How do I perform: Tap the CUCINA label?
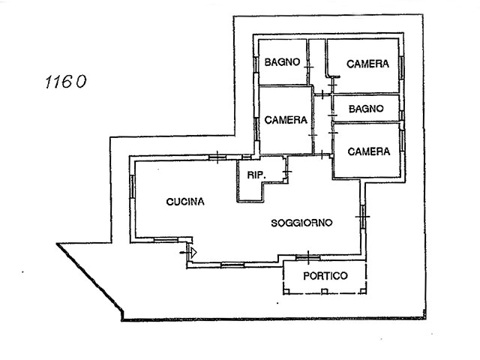(x=185, y=201)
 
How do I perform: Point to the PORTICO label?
(x=325, y=275)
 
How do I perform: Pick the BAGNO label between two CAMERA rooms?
(x=365, y=108)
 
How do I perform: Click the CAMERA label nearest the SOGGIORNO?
(x=369, y=151)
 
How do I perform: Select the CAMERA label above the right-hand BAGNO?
(x=367, y=64)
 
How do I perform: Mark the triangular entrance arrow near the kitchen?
(x=192, y=252)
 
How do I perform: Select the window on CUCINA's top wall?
(x=215, y=157)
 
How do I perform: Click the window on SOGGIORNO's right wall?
(x=362, y=217)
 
